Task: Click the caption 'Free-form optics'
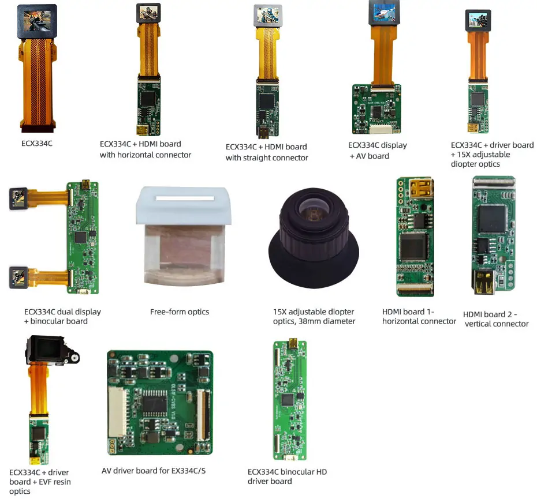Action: (180, 312)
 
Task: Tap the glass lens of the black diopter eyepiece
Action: (314, 210)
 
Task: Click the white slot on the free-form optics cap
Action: (185, 198)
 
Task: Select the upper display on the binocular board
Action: (18, 198)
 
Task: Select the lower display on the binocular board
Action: (18, 277)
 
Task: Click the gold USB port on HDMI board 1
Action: (420, 188)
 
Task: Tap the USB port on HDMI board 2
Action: (483, 282)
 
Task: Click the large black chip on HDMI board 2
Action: (493, 219)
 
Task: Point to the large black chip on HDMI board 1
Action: (413, 247)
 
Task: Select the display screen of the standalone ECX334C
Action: (37, 21)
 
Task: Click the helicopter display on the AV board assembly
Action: (384, 13)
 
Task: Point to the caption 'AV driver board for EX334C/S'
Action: (154, 471)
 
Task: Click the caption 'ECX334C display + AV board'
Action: (378, 151)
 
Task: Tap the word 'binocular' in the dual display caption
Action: (49, 321)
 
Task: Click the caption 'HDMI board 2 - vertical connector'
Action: (496, 319)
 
